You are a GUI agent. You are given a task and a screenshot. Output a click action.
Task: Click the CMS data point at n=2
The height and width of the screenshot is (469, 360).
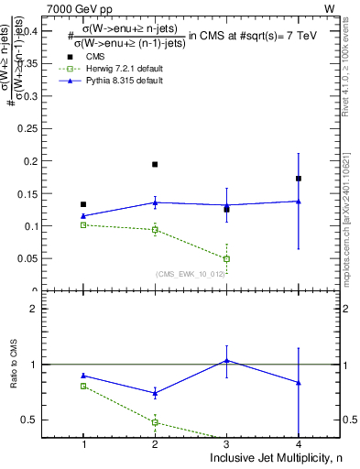(155, 165)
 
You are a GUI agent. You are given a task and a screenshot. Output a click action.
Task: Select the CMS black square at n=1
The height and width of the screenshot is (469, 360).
(83, 204)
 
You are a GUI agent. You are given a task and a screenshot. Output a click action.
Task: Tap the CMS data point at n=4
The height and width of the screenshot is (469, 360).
(299, 179)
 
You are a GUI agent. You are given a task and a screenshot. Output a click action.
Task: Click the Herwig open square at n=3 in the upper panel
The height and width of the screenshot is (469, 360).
(226, 259)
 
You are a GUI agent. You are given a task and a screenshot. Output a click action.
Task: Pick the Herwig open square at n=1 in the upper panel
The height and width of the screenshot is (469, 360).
(83, 224)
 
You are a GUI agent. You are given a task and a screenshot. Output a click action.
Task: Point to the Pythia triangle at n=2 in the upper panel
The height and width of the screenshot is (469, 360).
(155, 202)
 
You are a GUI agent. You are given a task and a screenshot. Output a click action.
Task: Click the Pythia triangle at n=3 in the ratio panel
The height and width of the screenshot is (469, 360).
(226, 361)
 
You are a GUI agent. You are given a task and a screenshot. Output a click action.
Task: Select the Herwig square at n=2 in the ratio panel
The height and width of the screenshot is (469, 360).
(155, 422)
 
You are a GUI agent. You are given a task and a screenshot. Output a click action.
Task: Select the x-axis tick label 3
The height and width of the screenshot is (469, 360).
(226, 444)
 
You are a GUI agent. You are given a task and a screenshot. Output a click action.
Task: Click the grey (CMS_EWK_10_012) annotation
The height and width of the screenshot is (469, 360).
(189, 274)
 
